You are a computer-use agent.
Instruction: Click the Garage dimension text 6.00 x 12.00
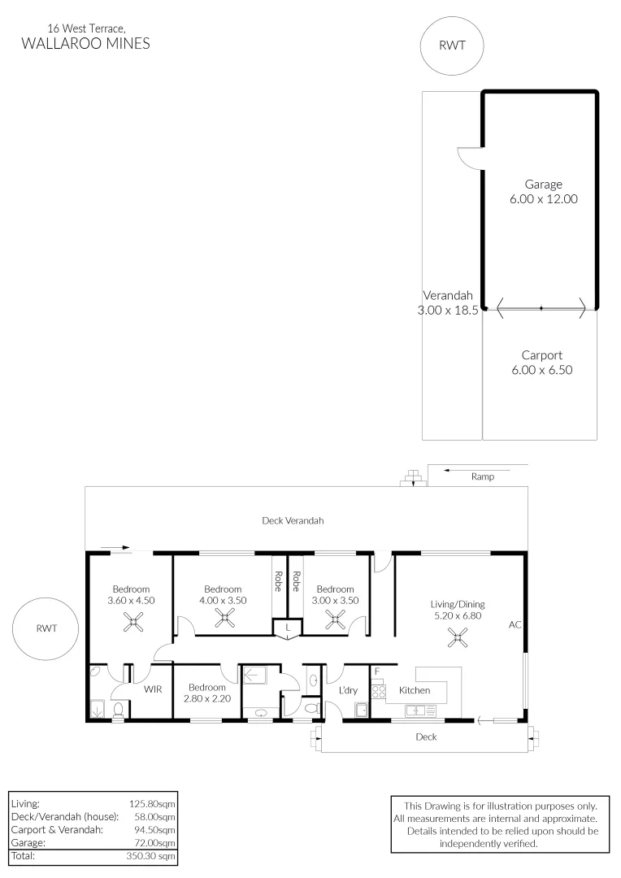[x=543, y=199]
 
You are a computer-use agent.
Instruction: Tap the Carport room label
[x=542, y=355]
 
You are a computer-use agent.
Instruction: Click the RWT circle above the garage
[x=451, y=46]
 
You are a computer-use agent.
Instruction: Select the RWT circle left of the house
[x=46, y=628]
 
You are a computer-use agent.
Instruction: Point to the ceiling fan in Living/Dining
[x=458, y=637]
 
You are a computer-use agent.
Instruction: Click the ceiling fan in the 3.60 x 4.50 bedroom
[x=133, y=622]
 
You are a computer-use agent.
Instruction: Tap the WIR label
[x=153, y=689]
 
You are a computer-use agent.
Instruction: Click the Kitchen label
[x=415, y=690]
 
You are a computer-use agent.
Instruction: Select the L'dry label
[x=348, y=690]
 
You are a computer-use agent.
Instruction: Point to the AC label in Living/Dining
[x=515, y=624]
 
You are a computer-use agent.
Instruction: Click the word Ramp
[x=483, y=476]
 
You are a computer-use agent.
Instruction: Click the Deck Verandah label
[x=293, y=521]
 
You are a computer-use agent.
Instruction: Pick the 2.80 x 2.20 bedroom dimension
[x=207, y=699]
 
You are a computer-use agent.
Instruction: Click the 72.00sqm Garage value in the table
[x=154, y=843]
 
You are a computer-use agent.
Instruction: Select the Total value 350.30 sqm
[x=150, y=855]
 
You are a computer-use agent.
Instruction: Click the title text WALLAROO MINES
[x=85, y=44]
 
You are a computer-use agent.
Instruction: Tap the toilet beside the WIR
[x=118, y=710]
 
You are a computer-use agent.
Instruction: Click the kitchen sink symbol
[x=420, y=711]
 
